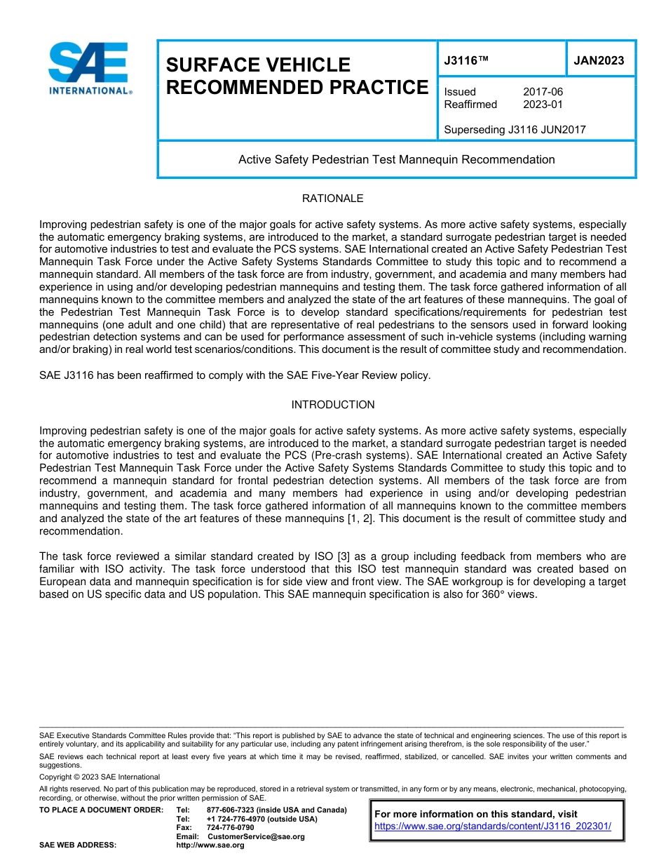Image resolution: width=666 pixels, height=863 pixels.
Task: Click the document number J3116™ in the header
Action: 465,61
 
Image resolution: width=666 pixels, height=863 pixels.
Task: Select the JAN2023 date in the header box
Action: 599,61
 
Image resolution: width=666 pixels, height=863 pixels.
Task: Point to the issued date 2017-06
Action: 543,92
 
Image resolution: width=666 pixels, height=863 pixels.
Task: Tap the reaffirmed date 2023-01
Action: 543,105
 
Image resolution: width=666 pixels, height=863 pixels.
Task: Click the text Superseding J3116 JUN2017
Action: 515,129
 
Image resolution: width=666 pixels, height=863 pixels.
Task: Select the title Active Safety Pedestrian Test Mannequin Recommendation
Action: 396,159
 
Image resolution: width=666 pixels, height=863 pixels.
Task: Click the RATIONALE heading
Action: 332,199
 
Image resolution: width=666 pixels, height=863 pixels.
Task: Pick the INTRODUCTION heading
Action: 332,405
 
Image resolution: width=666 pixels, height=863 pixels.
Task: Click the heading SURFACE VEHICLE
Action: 257,65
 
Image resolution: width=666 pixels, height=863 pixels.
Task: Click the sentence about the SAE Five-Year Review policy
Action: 235,375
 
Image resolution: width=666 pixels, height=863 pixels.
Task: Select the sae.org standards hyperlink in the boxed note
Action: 493,827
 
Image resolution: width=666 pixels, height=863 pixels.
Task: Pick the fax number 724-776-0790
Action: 230,828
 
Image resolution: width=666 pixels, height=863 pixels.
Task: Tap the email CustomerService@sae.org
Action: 256,836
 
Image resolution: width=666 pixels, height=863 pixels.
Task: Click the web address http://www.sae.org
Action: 210,845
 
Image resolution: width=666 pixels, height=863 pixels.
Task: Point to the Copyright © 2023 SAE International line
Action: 100,777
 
